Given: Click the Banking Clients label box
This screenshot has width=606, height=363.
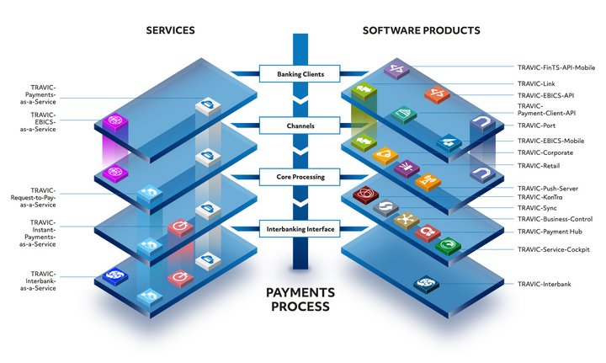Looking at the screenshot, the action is click(x=300, y=73).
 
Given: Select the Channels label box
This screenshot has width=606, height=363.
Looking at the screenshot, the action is click(x=300, y=125).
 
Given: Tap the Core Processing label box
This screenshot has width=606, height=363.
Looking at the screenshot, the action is click(x=300, y=177).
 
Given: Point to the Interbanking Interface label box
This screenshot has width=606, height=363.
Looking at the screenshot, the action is click(x=300, y=229).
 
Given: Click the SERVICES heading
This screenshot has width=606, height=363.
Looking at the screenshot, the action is click(x=170, y=30).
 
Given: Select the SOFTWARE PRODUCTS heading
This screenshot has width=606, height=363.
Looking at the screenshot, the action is click(x=422, y=30).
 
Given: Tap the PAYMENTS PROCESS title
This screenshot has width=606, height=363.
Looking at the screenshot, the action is click(x=300, y=299).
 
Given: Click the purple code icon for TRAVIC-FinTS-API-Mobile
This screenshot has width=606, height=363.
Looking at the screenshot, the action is click(x=397, y=71).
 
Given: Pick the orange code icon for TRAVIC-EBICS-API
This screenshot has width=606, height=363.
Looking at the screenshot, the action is click(x=437, y=94).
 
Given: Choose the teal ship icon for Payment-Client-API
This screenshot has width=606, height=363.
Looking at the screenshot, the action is click(x=403, y=114).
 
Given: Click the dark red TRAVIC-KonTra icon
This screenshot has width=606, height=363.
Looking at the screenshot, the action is click(x=365, y=194).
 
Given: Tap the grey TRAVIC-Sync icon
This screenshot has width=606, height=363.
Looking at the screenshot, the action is click(x=385, y=207).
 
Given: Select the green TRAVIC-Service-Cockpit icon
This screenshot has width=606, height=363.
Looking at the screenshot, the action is click(x=448, y=246).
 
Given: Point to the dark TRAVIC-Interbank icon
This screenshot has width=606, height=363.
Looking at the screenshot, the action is click(x=426, y=284).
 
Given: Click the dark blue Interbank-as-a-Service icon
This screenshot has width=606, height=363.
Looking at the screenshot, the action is click(x=115, y=276).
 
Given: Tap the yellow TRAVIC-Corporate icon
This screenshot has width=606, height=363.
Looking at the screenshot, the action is click(x=385, y=156).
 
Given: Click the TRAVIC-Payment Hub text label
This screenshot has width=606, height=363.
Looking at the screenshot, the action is click(x=550, y=232).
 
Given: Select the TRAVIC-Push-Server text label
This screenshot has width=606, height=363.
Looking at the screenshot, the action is click(x=548, y=189).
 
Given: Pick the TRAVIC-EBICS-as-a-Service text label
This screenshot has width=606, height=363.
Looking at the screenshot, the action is click(x=38, y=122).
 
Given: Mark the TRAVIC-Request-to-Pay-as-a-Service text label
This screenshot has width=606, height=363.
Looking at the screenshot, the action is click(x=33, y=198).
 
